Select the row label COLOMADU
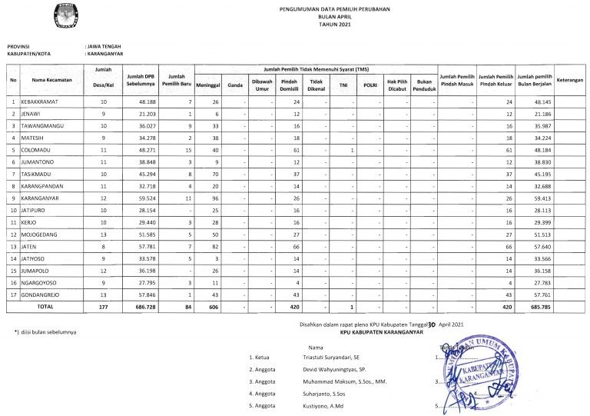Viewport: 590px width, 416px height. click(x=39, y=150)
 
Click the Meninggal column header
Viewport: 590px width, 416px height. click(x=210, y=85)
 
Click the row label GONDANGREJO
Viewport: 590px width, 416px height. click(x=45, y=295)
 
